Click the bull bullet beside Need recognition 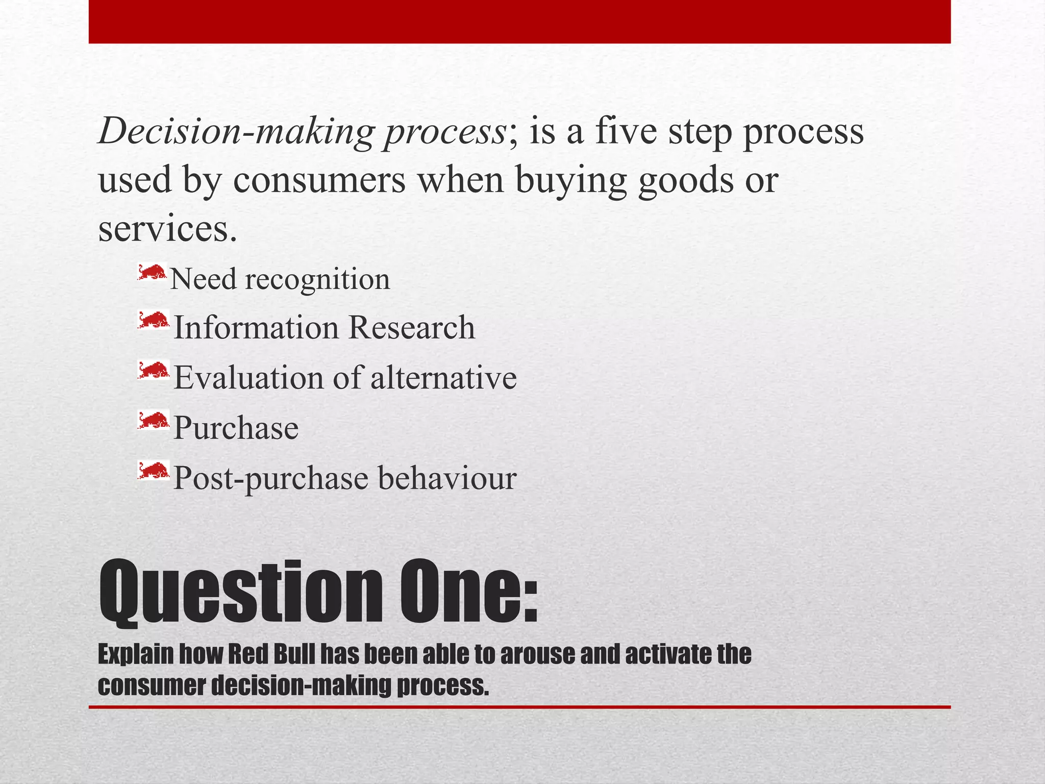[152, 273]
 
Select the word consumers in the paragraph [319, 180]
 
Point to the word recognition [317, 280]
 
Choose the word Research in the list [412, 327]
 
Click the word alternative [443, 378]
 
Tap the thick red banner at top [519, 21]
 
